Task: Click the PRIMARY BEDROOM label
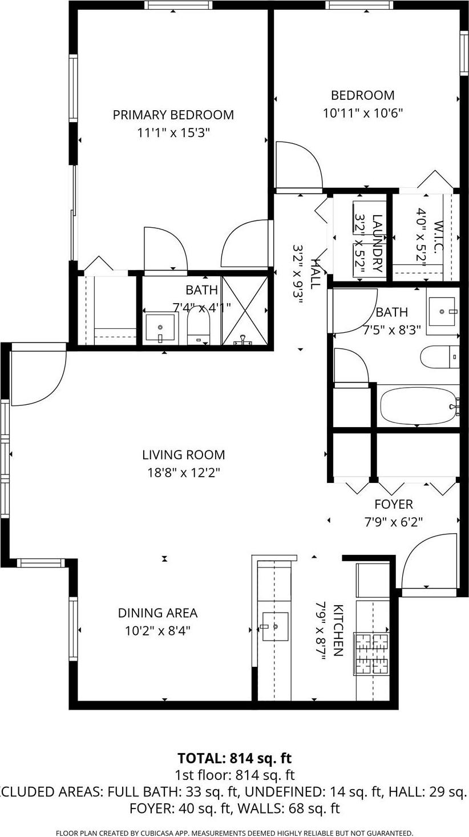click(173, 115)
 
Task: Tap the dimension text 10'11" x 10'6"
click(363, 113)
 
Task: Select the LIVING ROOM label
click(183, 455)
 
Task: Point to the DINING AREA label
click(157, 613)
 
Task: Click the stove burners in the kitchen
click(372, 653)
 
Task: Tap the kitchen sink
click(275, 626)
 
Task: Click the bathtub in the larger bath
click(418, 405)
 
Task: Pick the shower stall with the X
click(244, 311)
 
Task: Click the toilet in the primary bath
click(199, 328)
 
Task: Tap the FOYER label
click(393, 505)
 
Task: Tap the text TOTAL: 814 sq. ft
click(234, 758)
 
